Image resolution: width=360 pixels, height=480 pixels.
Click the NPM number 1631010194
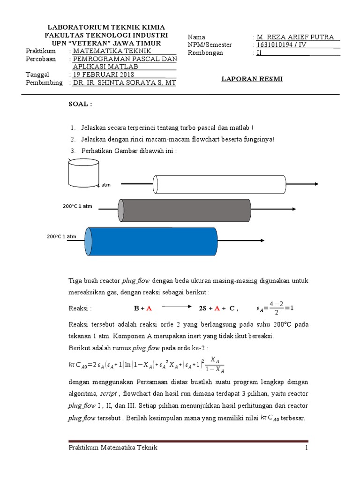pyautogui.click(x=277, y=45)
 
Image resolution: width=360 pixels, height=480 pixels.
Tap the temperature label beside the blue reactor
pyautogui.click(x=61, y=237)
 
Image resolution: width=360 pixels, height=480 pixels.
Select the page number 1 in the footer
pyautogui.click(x=306, y=448)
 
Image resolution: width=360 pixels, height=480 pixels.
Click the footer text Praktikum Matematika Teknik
pyautogui.click(x=112, y=448)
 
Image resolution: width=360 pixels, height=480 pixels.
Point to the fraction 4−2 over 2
pyautogui.click(x=277, y=308)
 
